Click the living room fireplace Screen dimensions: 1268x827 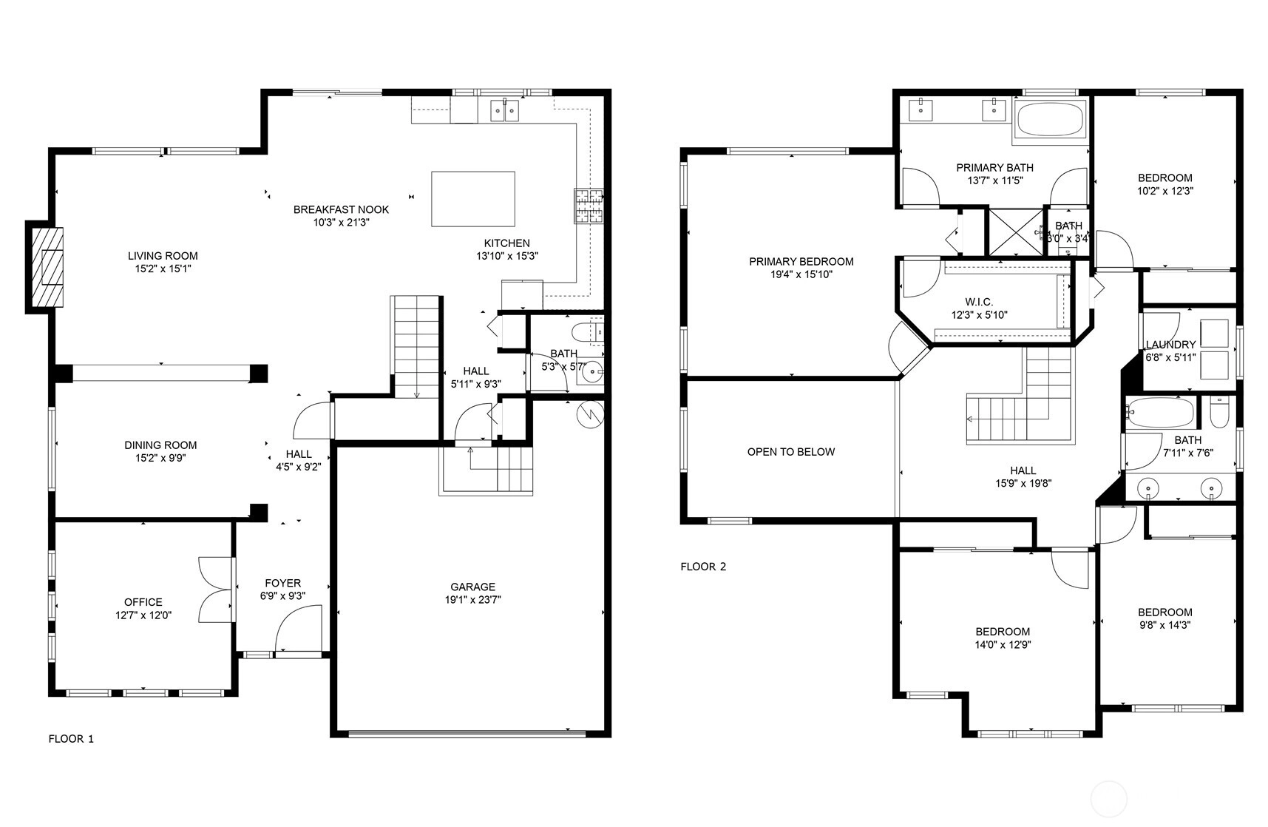[45, 267]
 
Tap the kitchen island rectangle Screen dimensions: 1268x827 [473, 199]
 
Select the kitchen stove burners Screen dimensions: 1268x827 [589, 206]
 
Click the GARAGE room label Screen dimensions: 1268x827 [473, 587]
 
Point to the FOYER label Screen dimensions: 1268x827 [282, 583]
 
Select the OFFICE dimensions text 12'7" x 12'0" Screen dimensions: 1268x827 [143, 615]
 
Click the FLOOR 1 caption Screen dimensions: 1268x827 [71, 738]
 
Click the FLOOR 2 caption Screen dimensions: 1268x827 [703, 567]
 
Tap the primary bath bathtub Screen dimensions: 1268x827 [1050, 118]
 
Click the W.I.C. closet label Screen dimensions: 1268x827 [979, 302]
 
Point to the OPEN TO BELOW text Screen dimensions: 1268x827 [791, 452]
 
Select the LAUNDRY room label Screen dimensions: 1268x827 [1170, 345]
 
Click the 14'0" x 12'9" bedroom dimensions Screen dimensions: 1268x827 [1003, 644]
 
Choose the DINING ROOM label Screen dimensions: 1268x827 [160, 445]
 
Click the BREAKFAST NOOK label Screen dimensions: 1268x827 [341, 209]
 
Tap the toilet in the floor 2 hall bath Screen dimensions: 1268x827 [1219, 413]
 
